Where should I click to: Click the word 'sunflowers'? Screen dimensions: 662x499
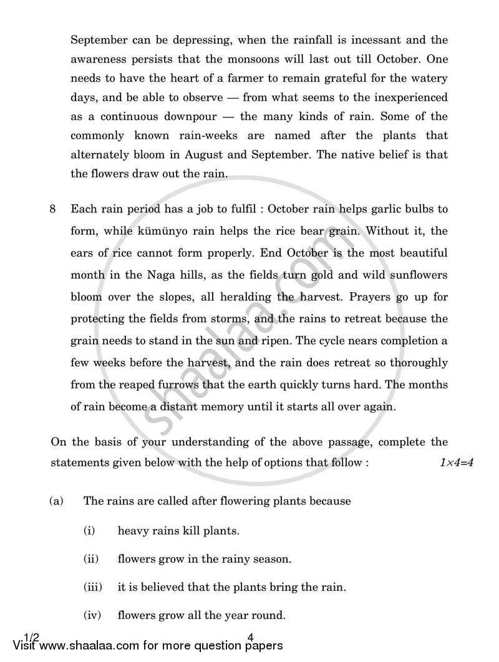417,275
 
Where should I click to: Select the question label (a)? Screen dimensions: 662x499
57,501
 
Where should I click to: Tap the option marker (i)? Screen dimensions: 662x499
89,531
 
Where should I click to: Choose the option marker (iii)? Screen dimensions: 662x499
92,587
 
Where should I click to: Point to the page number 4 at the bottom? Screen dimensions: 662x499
250,638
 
